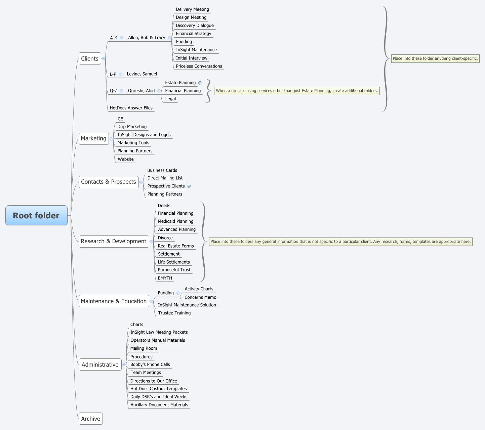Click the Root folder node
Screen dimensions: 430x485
36,215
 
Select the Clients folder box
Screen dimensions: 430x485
90,58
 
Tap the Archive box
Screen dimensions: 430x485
90,419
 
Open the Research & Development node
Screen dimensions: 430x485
114,241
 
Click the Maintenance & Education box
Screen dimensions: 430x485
114,301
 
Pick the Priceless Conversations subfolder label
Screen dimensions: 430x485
199,66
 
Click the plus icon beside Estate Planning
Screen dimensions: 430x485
200,83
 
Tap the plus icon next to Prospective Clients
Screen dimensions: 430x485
189,186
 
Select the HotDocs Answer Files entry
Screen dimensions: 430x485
131,108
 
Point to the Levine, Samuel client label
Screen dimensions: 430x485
142,74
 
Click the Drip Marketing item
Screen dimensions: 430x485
132,127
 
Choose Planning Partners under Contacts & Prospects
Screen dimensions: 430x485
165,194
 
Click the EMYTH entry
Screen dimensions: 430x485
165,278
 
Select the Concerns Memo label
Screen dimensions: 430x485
200,297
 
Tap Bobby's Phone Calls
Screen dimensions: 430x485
150,364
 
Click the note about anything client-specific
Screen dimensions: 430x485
435,58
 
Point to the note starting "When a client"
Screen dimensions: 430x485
297,91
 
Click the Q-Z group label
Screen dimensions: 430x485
114,91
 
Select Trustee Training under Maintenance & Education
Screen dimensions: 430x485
174,313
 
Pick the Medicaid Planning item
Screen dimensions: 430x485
175,221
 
